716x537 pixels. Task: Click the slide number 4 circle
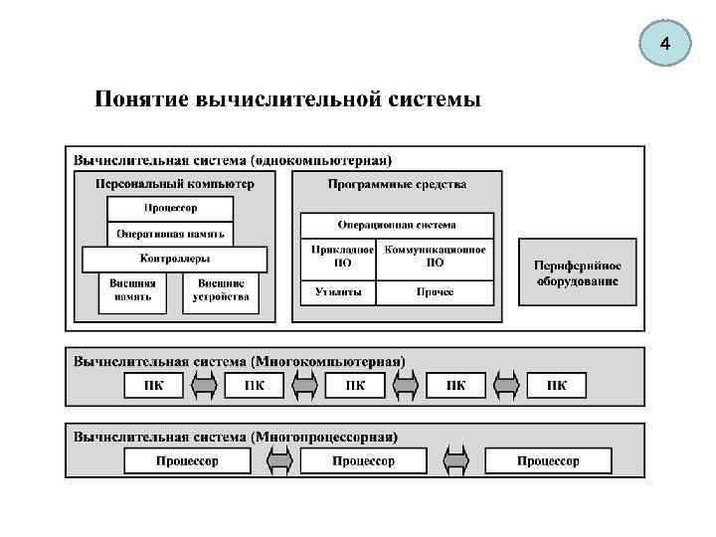click(x=664, y=46)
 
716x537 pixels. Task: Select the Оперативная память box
click(x=170, y=235)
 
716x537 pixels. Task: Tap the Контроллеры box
click(x=174, y=260)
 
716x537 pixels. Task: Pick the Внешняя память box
click(x=132, y=290)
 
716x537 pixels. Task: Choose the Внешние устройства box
click(x=220, y=290)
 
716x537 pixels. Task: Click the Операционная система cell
click(x=397, y=225)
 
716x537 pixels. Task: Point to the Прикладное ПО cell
click(x=338, y=257)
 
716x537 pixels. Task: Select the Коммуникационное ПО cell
click(x=435, y=257)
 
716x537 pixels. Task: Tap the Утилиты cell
click(x=338, y=292)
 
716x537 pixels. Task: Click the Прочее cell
click(x=435, y=292)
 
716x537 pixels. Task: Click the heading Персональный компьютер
click(x=174, y=184)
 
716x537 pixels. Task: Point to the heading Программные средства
click(x=397, y=184)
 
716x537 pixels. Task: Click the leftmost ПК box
click(x=153, y=386)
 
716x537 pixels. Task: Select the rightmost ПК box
click(x=557, y=386)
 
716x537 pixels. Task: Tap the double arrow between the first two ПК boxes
click(x=204, y=386)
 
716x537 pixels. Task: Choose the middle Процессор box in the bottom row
click(x=363, y=461)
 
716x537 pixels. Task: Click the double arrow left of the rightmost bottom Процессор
click(x=455, y=461)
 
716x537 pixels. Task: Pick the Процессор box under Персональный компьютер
click(x=170, y=209)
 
